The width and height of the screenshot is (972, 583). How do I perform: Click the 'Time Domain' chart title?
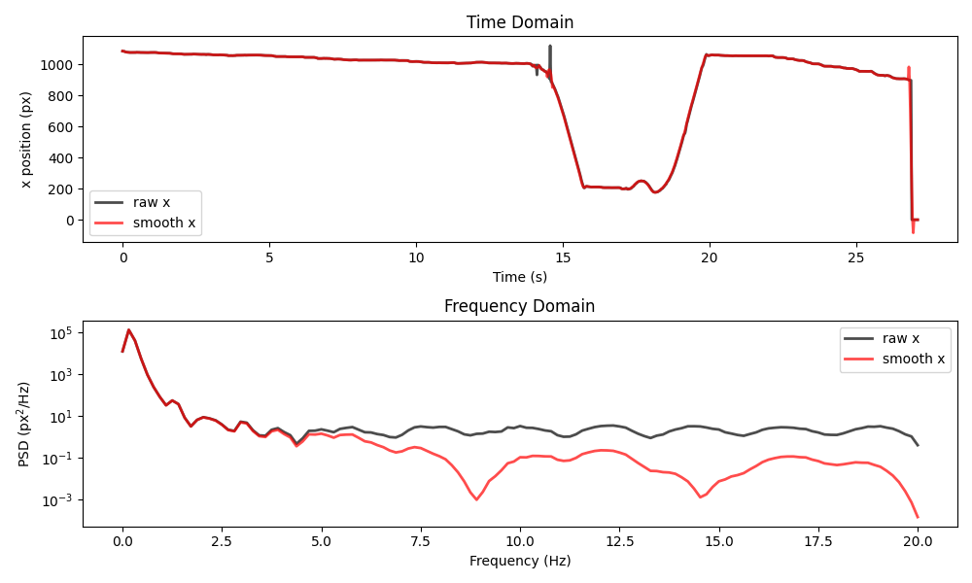(x=520, y=22)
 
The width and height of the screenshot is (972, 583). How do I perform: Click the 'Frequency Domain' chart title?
(x=520, y=306)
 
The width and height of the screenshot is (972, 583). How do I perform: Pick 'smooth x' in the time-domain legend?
(x=163, y=223)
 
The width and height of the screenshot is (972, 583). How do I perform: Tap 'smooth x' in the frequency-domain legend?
(x=913, y=359)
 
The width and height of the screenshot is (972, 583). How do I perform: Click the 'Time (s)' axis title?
(x=520, y=277)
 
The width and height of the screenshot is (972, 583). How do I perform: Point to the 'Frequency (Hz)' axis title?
(x=520, y=561)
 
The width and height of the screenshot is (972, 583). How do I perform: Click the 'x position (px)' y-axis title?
(x=26, y=139)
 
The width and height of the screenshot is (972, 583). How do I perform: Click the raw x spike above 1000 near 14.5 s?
(x=550, y=47)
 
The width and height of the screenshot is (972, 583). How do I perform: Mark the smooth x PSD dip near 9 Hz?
(x=476, y=498)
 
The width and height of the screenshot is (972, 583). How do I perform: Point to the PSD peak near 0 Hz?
(x=128, y=329)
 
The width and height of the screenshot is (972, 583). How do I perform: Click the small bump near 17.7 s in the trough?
(x=641, y=181)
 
